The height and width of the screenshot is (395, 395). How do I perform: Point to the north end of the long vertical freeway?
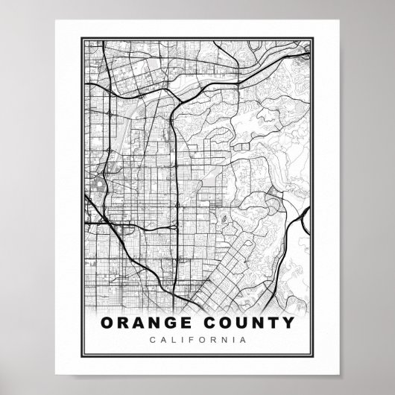(x=173, y=105)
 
